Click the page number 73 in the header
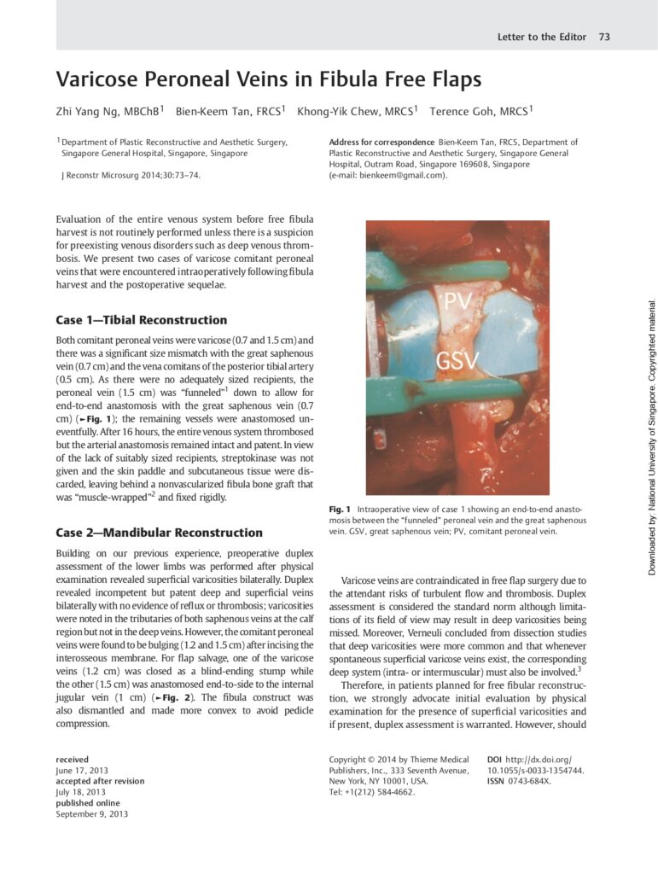604,37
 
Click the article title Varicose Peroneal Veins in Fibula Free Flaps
269,80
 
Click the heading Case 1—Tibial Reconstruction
141,320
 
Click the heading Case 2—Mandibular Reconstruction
159,533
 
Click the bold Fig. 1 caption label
339,510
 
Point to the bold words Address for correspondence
381,143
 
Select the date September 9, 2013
91,814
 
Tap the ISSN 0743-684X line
518,781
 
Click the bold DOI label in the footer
494,759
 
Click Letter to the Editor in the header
542,37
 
